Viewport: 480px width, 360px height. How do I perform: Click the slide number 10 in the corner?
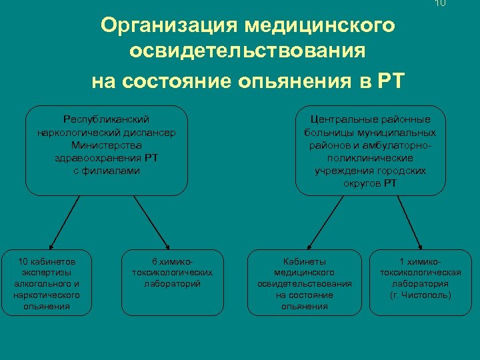pyautogui.click(x=439, y=3)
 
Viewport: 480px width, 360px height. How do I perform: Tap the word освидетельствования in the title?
pyautogui.click(x=248, y=52)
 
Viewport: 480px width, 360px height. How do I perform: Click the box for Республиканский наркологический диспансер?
pyautogui.click(x=107, y=150)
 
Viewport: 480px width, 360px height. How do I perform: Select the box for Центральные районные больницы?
pyautogui.click(x=370, y=150)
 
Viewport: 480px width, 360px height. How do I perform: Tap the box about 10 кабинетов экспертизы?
pyautogui.click(x=47, y=283)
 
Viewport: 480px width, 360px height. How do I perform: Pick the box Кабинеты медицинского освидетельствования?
pyautogui.click(x=304, y=283)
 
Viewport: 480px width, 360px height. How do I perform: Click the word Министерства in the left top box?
pyautogui.click(x=107, y=144)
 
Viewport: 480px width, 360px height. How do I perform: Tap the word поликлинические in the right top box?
pyautogui.click(x=370, y=158)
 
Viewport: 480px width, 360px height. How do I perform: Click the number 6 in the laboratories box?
pyautogui.click(x=155, y=261)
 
